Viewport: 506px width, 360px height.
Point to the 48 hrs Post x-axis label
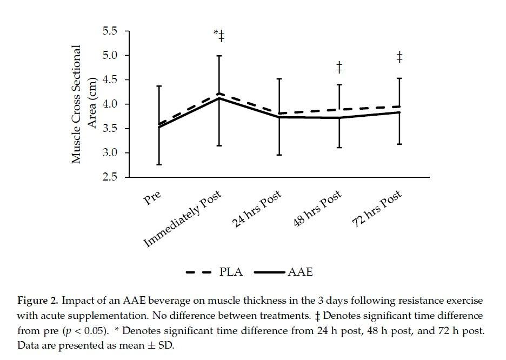[x=318, y=209]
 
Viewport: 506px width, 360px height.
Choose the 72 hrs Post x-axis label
[x=377, y=209]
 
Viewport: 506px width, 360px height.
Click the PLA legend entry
[x=231, y=272]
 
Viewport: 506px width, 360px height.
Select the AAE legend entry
[x=301, y=272]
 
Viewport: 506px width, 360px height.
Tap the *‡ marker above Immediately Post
[x=219, y=37]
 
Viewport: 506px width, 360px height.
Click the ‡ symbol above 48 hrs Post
[x=339, y=68]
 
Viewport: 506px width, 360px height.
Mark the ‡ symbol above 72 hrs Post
[x=399, y=57]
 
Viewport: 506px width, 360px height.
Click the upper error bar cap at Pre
[x=159, y=86]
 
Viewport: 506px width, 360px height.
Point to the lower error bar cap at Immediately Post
[x=219, y=145]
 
